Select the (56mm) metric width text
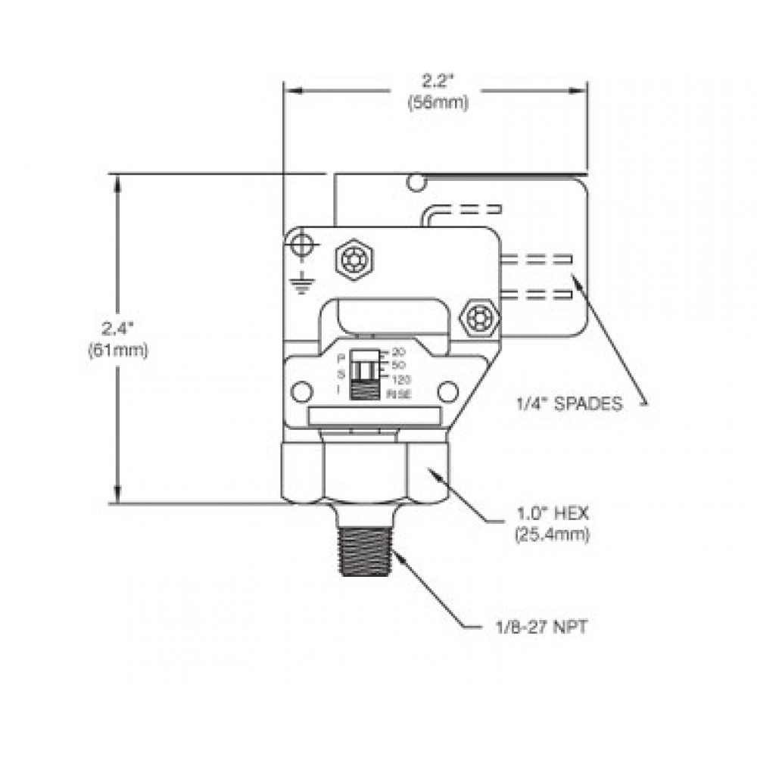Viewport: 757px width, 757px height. click(437, 104)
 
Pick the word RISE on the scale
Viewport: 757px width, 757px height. click(399, 394)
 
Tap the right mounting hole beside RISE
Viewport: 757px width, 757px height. click(448, 391)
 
